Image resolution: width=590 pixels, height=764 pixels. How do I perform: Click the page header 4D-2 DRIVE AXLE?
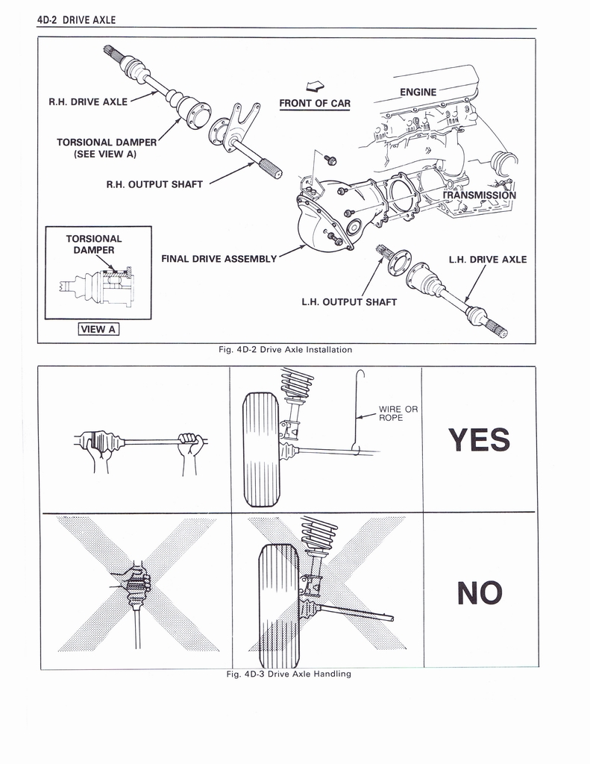tap(77, 20)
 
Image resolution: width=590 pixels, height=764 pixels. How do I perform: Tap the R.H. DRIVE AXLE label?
tap(88, 101)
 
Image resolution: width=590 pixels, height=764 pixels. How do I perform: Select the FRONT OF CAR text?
tap(315, 103)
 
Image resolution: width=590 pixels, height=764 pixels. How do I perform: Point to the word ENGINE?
tap(418, 92)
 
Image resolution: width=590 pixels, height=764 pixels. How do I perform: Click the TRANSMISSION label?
tap(480, 195)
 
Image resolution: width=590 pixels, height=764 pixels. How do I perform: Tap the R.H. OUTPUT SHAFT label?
tap(154, 185)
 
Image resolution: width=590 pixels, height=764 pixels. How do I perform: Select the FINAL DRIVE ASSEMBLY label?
tap(219, 259)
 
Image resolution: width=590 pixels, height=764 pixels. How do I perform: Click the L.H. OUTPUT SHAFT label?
tap(349, 302)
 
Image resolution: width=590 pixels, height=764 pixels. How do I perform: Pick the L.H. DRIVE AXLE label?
tap(488, 260)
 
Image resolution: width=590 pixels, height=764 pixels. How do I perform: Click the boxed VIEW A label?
tap(98, 329)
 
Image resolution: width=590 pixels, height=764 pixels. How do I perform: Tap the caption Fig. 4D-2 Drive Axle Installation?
tap(286, 349)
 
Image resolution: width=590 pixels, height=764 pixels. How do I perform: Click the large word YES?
tap(480, 439)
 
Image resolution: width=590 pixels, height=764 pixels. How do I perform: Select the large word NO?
tap(480, 593)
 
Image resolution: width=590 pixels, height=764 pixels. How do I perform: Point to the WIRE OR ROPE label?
tap(398, 413)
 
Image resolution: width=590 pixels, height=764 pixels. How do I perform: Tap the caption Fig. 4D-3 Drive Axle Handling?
tap(289, 674)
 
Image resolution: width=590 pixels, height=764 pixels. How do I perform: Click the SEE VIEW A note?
tap(105, 154)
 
